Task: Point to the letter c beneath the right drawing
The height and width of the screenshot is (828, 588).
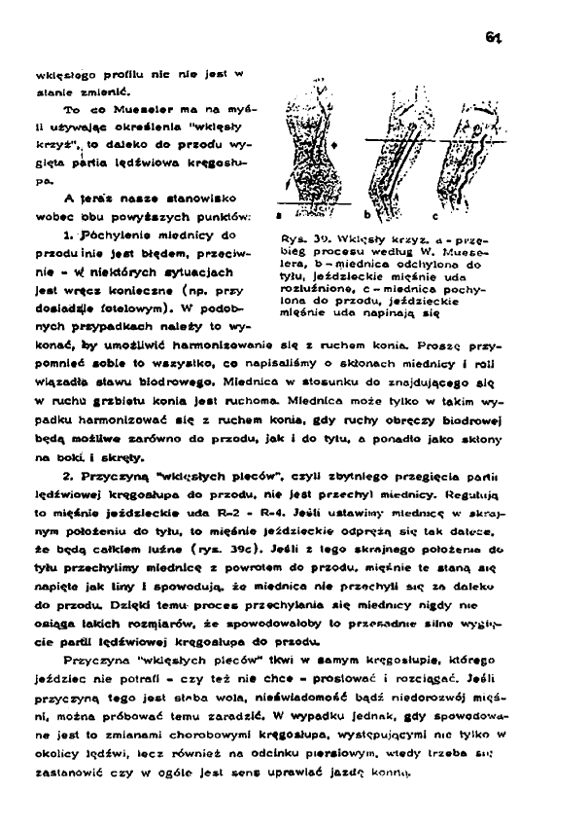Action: [433, 213]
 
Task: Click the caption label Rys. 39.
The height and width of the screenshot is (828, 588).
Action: [294, 238]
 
